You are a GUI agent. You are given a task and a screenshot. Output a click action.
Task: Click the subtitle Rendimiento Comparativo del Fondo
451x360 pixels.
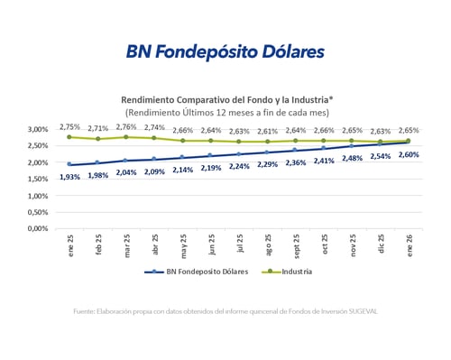point(225,99)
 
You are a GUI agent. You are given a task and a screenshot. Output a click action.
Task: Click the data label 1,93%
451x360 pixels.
point(70,177)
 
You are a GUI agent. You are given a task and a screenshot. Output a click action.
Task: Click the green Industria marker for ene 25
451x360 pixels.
point(69,137)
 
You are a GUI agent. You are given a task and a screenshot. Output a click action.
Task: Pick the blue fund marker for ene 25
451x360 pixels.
point(69,164)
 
